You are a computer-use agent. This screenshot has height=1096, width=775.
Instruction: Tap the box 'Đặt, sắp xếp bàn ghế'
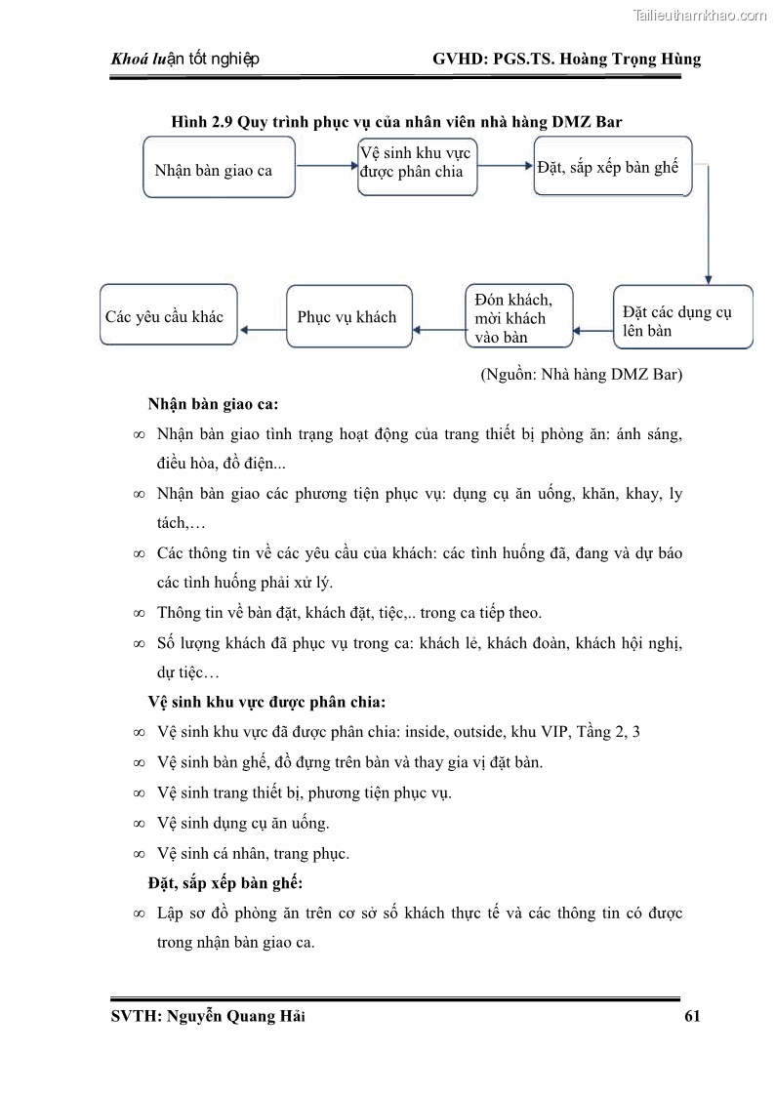612,166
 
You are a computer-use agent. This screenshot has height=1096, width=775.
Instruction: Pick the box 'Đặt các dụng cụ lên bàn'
682,317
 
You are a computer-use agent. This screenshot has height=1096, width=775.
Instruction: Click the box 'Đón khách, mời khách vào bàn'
518,316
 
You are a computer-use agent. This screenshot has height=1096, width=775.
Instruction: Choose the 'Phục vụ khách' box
348,316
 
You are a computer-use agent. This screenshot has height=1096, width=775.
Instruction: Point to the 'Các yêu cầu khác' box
169,316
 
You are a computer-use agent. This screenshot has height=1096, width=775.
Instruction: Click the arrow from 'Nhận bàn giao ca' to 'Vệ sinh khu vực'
325,166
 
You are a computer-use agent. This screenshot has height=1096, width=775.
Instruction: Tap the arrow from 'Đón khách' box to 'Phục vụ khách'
438,330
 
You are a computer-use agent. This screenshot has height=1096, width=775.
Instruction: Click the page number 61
692,1016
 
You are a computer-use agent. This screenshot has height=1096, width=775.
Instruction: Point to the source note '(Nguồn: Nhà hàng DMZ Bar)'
582,374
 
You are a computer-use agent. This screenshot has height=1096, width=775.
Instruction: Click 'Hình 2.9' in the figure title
202,121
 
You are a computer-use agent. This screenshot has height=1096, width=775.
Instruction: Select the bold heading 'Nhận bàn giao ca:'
213,403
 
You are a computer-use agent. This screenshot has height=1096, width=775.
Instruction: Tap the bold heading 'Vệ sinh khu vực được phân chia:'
265,702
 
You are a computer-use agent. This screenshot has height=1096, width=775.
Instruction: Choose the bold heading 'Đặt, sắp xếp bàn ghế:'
224,883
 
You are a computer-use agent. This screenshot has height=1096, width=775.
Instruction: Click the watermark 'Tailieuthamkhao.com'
700,15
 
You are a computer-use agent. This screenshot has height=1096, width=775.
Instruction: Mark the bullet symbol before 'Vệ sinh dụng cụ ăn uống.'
139,824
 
